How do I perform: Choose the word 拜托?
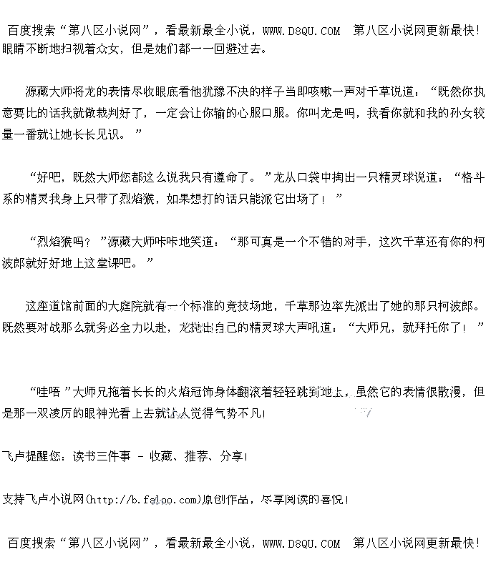coord(425,327)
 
